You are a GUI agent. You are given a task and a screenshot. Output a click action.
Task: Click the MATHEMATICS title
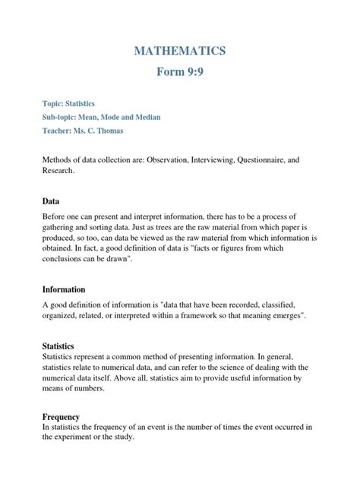(180, 51)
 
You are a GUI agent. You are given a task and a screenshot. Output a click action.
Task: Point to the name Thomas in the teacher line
(130, 131)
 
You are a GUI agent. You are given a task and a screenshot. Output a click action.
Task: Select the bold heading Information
(64, 289)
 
